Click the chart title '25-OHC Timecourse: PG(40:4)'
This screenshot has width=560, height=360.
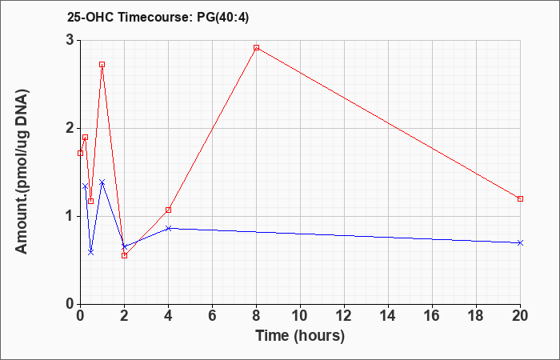[x=158, y=18]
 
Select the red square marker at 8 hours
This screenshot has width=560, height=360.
[x=257, y=47]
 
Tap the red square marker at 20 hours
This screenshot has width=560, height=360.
[x=520, y=198]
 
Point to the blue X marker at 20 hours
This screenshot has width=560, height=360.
[x=520, y=243]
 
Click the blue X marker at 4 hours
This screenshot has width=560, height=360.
[x=168, y=228]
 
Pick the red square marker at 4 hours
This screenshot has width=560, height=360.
[x=168, y=210]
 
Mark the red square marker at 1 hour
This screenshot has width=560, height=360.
[x=102, y=65]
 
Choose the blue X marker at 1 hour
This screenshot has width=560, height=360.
[x=102, y=182]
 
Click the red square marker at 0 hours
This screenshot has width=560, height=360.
[x=80, y=154]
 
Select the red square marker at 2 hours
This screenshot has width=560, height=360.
[x=124, y=255]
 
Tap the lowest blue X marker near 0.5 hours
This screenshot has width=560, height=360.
[x=90, y=252]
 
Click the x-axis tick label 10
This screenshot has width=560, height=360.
[x=300, y=315]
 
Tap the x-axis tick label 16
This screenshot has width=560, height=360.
[x=432, y=315]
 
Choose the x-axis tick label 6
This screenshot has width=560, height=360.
[x=212, y=315]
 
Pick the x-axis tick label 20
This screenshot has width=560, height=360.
[x=520, y=315]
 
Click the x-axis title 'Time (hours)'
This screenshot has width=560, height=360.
[x=300, y=336]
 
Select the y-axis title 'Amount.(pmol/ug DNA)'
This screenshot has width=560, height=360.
[x=22, y=171]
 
